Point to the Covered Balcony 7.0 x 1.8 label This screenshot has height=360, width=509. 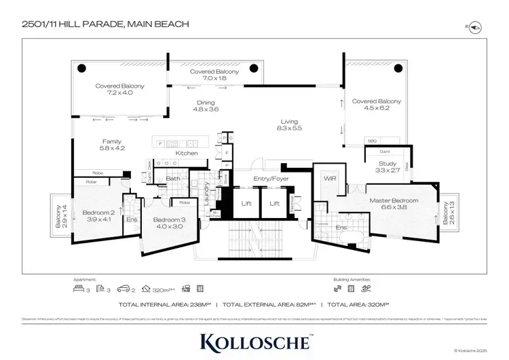(212, 75)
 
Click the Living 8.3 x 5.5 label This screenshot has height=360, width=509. (290, 126)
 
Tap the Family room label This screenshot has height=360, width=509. (112, 145)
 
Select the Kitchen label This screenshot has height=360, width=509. (187, 154)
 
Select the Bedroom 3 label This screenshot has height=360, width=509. (167, 223)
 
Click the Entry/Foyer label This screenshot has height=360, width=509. (271, 179)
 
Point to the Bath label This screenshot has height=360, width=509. (172, 179)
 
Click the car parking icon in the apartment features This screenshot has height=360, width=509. (124, 287)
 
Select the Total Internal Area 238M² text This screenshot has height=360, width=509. (166, 304)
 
